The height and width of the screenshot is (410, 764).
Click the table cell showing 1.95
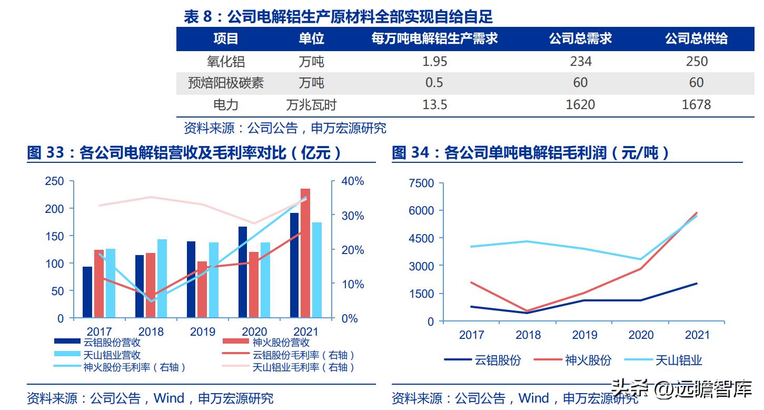(x=434, y=62)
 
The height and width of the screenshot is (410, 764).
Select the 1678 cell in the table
(x=696, y=105)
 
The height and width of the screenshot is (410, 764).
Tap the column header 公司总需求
(x=580, y=38)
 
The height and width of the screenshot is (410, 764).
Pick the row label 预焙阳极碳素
(x=226, y=83)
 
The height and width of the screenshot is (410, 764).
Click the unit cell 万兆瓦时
(x=311, y=105)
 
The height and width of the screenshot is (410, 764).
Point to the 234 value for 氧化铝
(x=580, y=62)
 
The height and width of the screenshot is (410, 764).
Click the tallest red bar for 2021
(x=305, y=253)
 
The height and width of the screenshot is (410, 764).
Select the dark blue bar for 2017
(x=87, y=292)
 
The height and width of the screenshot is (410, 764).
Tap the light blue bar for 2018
(x=162, y=278)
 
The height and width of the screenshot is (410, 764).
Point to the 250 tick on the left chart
(x=54, y=181)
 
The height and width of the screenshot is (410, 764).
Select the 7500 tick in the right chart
(x=421, y=183)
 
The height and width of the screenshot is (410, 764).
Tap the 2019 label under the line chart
(x=584, y=335)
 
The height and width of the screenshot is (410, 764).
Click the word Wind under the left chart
(x=168, y=398)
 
